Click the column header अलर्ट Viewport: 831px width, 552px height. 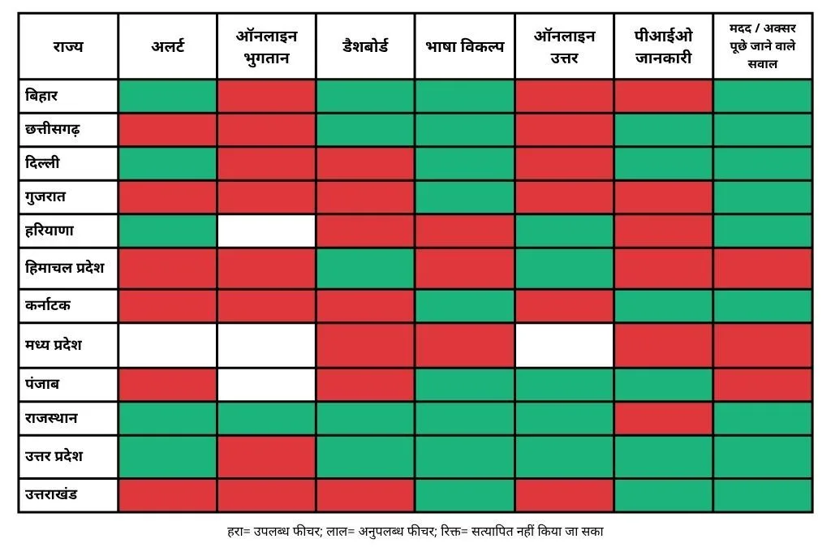point(167,46)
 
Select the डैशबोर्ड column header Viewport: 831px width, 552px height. point(365,46)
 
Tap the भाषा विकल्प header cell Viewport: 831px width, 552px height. point(464,46)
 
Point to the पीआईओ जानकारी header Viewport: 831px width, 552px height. point(663,46)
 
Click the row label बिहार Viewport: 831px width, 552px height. point(42,96)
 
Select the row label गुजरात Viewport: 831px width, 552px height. point(45,196)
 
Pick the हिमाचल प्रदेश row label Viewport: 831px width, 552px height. point(65,267)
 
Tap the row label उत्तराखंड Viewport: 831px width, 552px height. point(52,494)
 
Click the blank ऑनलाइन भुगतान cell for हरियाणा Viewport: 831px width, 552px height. point(266,231)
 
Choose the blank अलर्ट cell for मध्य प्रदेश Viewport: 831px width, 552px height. point(167,344)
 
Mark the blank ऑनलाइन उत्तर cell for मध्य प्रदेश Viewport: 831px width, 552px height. point(564,344)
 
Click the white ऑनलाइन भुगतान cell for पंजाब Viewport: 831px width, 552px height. point(266,384)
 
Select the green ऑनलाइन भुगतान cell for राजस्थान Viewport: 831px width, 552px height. point(266,418)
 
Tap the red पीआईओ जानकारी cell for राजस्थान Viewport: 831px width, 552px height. point(663,418)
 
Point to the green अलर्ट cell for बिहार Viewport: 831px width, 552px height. point(167,96)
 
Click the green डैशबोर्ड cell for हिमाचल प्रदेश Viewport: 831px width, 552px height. point(365,267)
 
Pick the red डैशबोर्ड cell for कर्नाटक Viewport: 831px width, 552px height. point(365,305)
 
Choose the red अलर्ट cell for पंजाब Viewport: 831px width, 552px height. point(167,384)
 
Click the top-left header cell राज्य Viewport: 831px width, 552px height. point(68,46)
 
